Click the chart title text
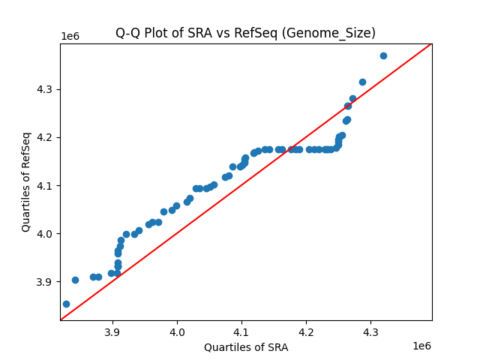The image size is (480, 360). pos(245,33)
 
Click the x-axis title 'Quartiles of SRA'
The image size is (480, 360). pos(245,347)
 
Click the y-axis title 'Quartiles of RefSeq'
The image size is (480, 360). pos(26,181)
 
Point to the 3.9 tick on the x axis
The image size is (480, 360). pos(112,332)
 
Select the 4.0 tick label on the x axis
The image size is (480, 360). pos(177,332)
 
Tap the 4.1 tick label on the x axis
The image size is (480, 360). pos(241,332)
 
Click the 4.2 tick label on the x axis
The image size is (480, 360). pos(306,332)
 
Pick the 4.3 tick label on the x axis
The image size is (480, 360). pos(370,332)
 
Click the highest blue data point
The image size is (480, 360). pos(383,55)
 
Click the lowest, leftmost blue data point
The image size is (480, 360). pos(66,304)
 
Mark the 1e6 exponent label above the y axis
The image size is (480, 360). pos(70,37)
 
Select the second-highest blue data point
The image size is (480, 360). pos(362,82)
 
